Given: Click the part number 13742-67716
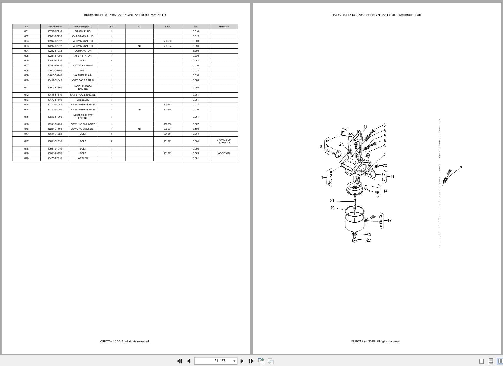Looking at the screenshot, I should tap(55, 31).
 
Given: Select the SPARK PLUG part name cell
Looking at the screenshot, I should tap(83, 31).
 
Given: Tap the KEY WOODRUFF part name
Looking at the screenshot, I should tap(83, 65).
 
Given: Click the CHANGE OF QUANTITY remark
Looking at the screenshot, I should tap(224, 141).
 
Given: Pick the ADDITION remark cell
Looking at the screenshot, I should tap(224, 153).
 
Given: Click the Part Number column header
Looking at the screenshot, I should tap(55, 27).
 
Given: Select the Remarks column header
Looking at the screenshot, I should tap(224, 27).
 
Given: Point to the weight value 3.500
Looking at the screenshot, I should tap(196, 41).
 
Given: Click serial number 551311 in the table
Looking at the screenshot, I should tap(167, 134).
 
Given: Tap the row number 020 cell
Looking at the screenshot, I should tap(27, 158).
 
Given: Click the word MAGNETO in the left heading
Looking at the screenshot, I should tap(158, 15).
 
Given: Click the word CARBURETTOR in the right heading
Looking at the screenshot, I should tap(410, 15).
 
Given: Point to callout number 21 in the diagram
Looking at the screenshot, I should tap(332, 201).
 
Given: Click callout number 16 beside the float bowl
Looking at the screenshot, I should tap(389, 221).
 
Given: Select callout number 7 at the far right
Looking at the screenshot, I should tap(461, 168).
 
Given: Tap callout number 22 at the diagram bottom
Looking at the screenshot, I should tap(369, 240).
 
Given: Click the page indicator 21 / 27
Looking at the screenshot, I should tap(220, 361).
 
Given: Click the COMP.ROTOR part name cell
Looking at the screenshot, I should tap(83, 51).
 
